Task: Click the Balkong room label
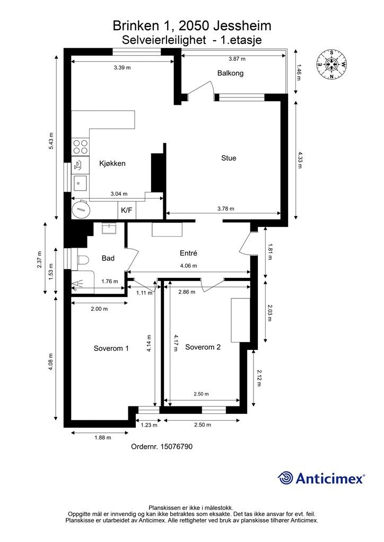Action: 230,73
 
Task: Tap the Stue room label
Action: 229,158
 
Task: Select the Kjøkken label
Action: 112,164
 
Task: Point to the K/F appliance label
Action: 126,210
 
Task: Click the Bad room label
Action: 108,258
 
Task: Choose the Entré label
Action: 188,253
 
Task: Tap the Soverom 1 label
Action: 111,348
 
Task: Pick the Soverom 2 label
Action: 203,347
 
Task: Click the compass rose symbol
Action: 331,65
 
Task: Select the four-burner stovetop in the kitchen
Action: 80,147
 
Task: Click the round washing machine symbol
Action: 81,209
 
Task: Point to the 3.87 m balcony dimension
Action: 237,59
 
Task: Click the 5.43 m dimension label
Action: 51,141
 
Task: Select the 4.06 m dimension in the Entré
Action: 188,266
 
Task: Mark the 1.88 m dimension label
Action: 103,438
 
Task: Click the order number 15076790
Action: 177,447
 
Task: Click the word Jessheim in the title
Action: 242,26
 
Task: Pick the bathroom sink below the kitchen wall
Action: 109,229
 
